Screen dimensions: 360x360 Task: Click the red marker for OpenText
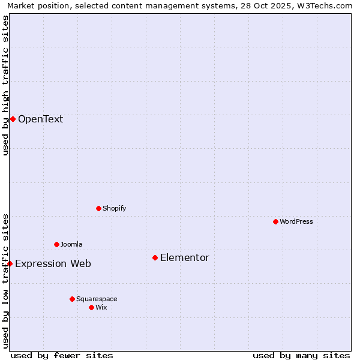pyautogui.click(x=13, y=119)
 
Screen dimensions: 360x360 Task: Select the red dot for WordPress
pyautogui.click(x=275, y=221)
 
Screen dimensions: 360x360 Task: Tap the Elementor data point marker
pyautogui.click(x=155, y=257)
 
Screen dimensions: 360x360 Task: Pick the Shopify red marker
pyautogui.click(x=98, y=208)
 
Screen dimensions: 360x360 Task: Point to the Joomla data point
pyautogui.click(x=56, y=244)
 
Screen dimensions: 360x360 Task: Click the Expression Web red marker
pyautogui.click(x=10, y=263)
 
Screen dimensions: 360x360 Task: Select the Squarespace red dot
pyautogui.click(x=72, y=299)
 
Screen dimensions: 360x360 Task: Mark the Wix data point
pyautogui.click(x=91, y=307)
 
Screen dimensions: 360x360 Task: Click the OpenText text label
pyautogui.click(x=40, y=119)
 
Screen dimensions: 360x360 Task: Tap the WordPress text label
pyautogui.click(x=296, y=221)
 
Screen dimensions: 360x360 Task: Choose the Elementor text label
pyautogui.click(x=185, y=258)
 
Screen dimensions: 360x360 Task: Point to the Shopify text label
pyautogui.click(x=114, y=208)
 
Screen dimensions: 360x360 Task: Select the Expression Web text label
pyautogui.click(x=53, y=263)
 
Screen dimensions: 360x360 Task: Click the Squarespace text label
pyautogui.click(x=97, y=299)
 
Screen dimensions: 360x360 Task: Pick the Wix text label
pyautogui.click(x=101, y=307)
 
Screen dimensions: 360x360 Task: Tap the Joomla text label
pyautogui.click(x=71, y=244)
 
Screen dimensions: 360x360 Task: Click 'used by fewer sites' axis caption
pyautogui.click(x=62, y=355)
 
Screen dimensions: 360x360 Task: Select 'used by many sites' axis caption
pyautogui.click(x=301, y=355)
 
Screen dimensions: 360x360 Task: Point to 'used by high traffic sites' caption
pyautogui.click(x=5, y=85)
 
